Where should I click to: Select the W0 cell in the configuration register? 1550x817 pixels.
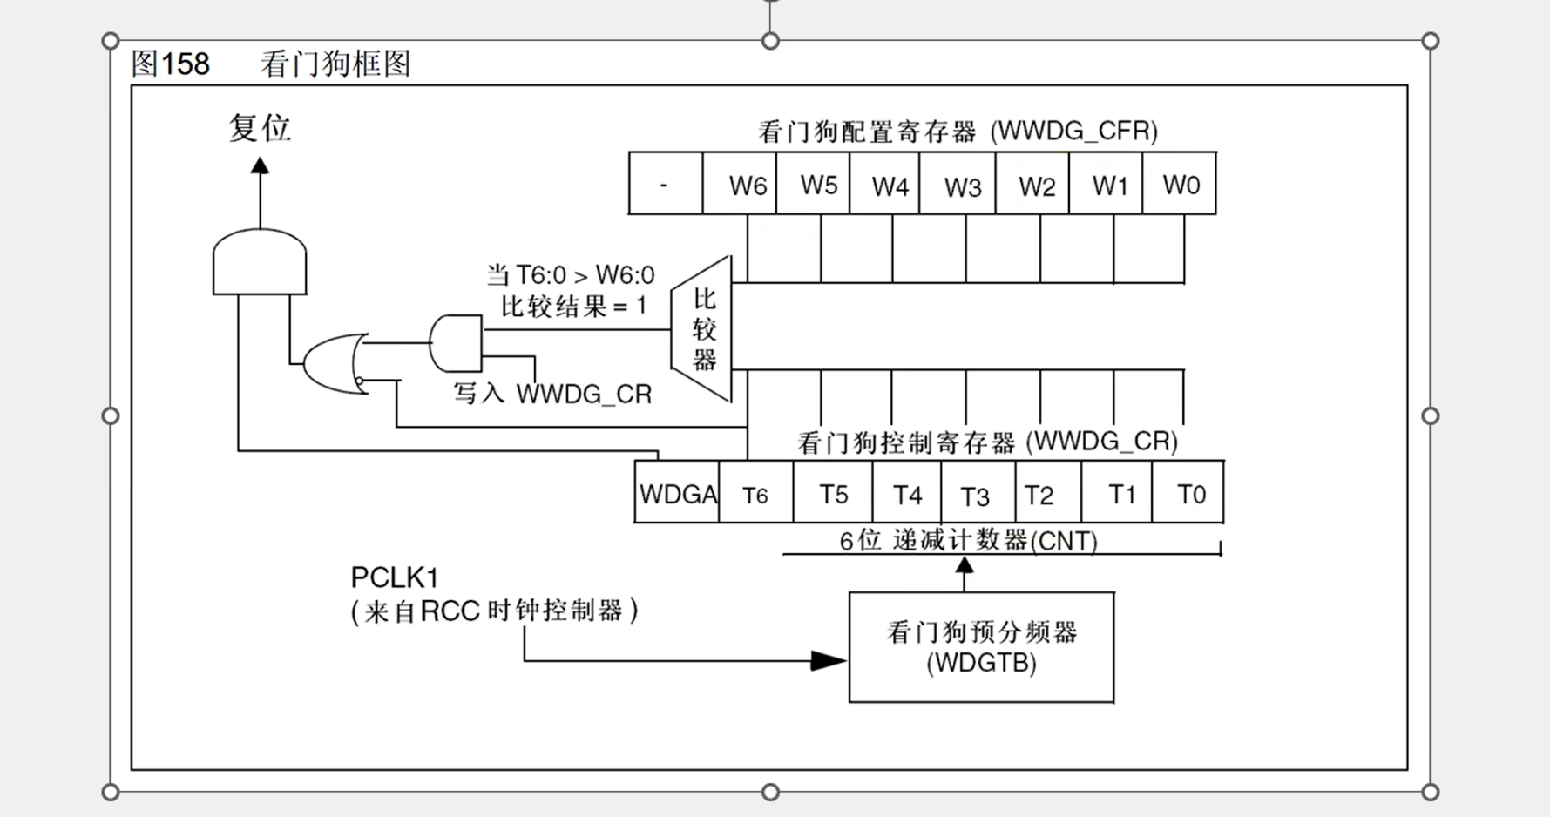click(x=1180, y=184)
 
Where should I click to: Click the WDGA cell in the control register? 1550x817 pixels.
click(x=677, y=493)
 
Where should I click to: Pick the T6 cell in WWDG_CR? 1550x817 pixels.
click(x=755, y=493)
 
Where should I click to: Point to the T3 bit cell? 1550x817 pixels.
click(x=977, y=493)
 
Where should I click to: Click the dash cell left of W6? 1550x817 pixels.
click(x=665, y=184)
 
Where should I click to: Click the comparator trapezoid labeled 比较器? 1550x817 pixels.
click(x=702, y=329)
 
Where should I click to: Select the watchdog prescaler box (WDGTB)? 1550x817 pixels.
click(x=981, y=646)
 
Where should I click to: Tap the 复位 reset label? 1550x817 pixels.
click(x=260, y=128)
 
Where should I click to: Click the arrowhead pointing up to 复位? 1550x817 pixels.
click(x=260, y=165)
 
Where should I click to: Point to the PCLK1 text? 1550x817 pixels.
click(x=395, y=577)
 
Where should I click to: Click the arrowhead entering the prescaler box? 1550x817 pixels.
click(x=828, y=660)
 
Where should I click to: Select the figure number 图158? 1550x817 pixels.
click(x=171, y=64)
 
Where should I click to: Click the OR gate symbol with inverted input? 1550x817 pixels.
click(x=335, y=363)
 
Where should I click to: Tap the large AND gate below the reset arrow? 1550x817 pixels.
click(x=260, y=262)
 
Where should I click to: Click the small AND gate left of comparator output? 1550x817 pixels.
click(x=456, y=343)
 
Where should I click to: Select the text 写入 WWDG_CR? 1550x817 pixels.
click(x=552, y=394)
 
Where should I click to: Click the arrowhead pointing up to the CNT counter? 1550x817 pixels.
click(x=964, y=565)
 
